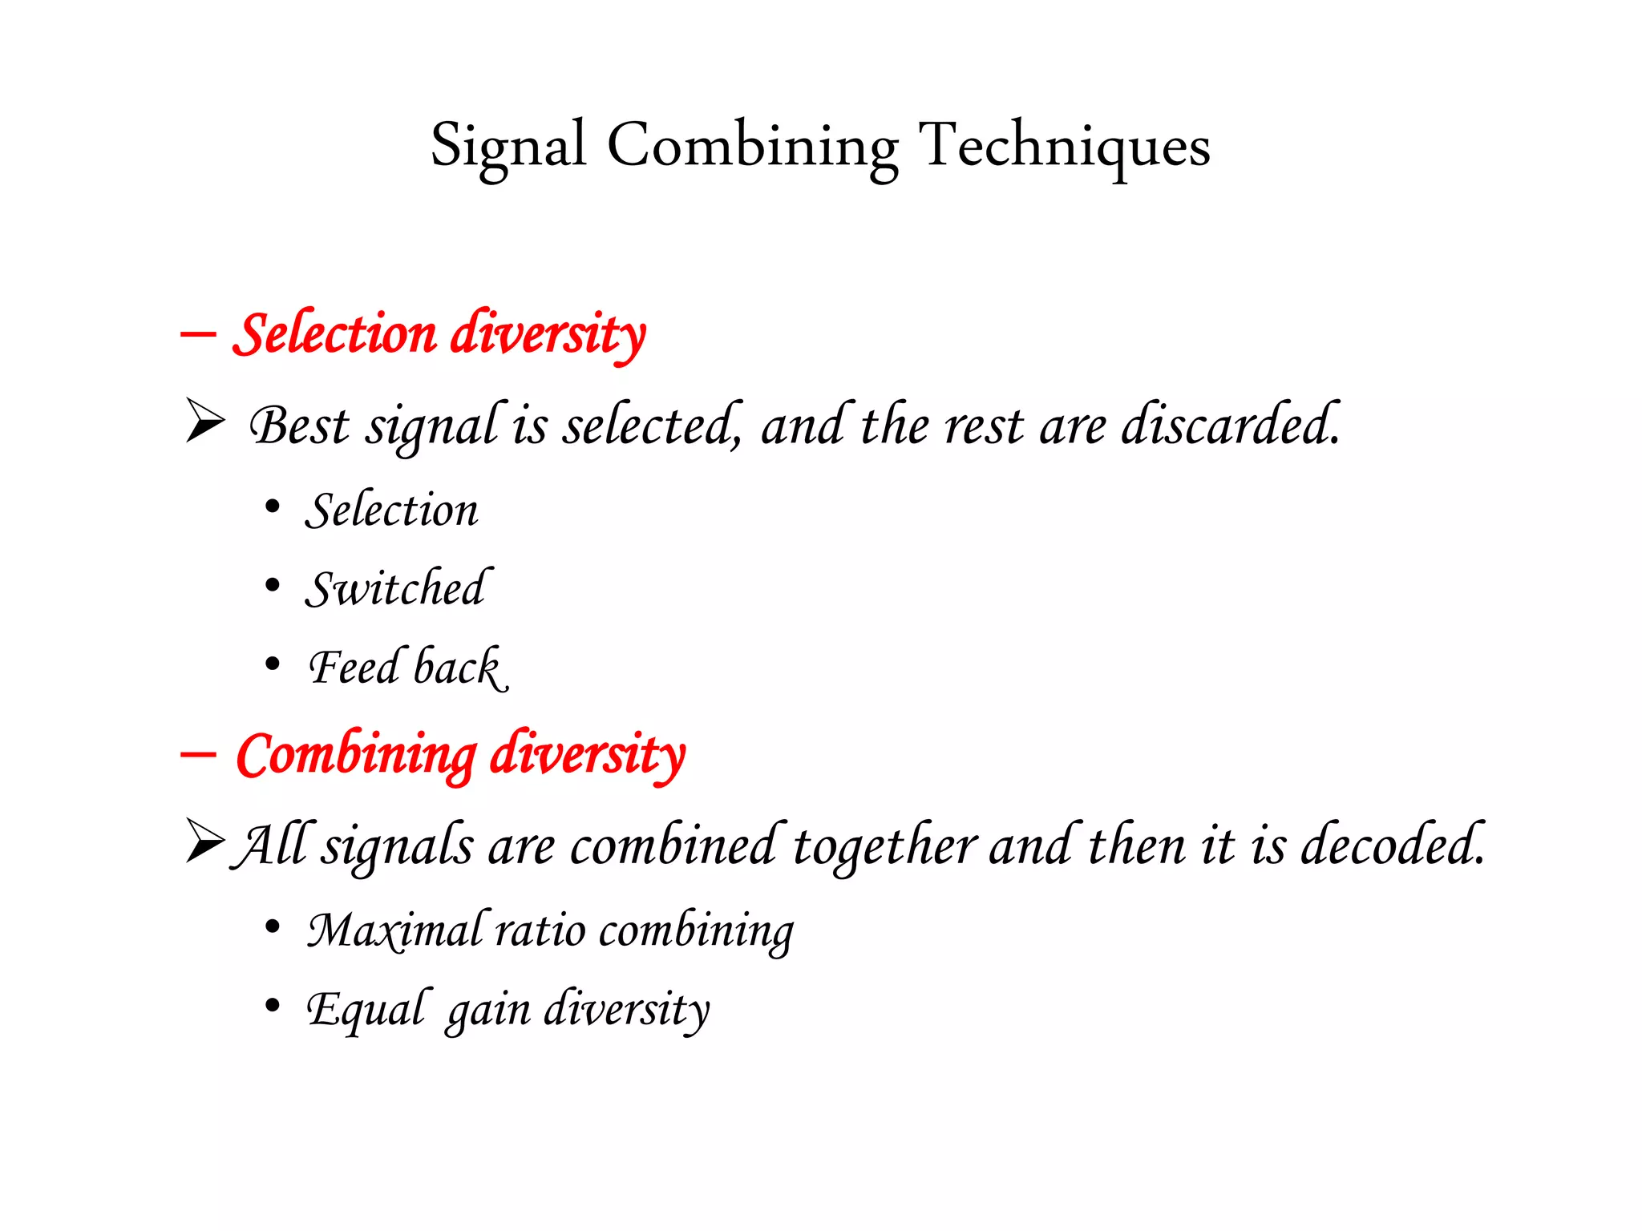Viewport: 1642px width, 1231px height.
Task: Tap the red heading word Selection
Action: [335, 333]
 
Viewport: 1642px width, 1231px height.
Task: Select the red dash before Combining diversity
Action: [198, 754]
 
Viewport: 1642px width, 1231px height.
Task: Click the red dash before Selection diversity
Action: [198, 333]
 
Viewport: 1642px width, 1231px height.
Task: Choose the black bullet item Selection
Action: [391, 511]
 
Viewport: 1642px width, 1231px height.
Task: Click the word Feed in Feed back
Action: [354, 667]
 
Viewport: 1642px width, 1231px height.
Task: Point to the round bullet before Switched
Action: [273, 586]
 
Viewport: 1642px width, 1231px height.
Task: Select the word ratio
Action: [540, 930]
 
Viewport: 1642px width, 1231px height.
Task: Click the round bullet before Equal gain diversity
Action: [273, 1005]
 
